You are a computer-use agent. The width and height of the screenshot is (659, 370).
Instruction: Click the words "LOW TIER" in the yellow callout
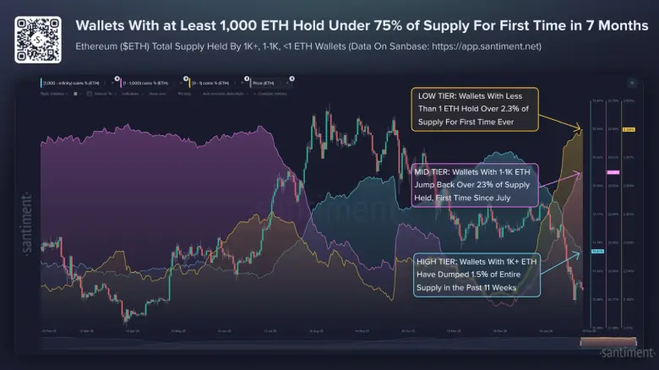click(x=434, y=95)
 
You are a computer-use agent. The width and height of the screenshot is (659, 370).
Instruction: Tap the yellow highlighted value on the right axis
click(x=628, y=129)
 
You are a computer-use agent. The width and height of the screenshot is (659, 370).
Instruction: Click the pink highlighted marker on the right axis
click(x=613, y=172)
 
